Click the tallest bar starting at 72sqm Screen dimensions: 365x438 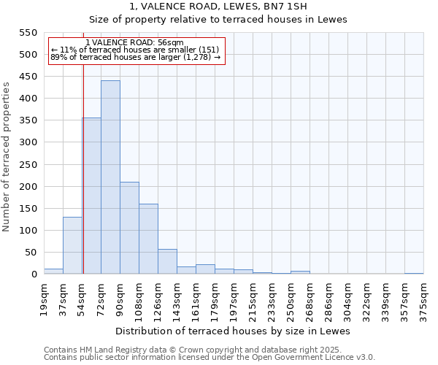(x=110, y=177)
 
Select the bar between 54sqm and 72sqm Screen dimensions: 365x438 (x=92, y=196)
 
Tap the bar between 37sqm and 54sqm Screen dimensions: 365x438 (x=72, y=245)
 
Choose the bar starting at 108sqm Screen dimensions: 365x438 (x=148, y=239)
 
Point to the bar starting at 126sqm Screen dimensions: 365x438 (x=167, y=261)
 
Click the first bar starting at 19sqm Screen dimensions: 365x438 (x=53, y=271)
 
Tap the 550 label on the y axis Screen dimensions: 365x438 (x=28, y=33)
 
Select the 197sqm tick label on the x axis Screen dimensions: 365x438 (x=234, y=298)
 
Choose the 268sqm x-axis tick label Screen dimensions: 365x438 (x=310, y=298)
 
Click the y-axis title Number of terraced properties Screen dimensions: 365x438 (x=7, y=157)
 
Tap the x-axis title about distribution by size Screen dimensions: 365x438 (x=233, y=331)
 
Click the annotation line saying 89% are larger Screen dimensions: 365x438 (x=135, y=57)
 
